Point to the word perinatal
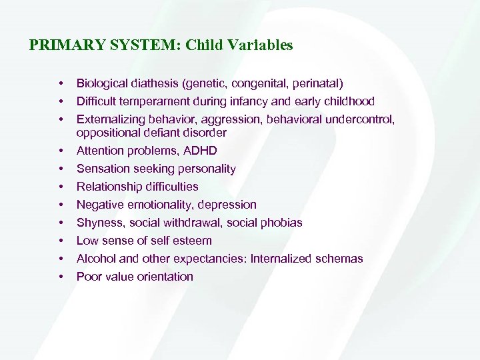pyautogui.click(x=316, y=83)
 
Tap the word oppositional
pyautogui.click(x=106, y=133)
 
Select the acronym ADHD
pyautogui.click(x=201, y=151)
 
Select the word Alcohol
pyautogui.click(x=95, y=259)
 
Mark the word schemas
pyautogui.click(x=340, y=259)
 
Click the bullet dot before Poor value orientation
pyautogui.click(x=61, y=277)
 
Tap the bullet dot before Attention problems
pyautogui.click(x=61, y=151)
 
